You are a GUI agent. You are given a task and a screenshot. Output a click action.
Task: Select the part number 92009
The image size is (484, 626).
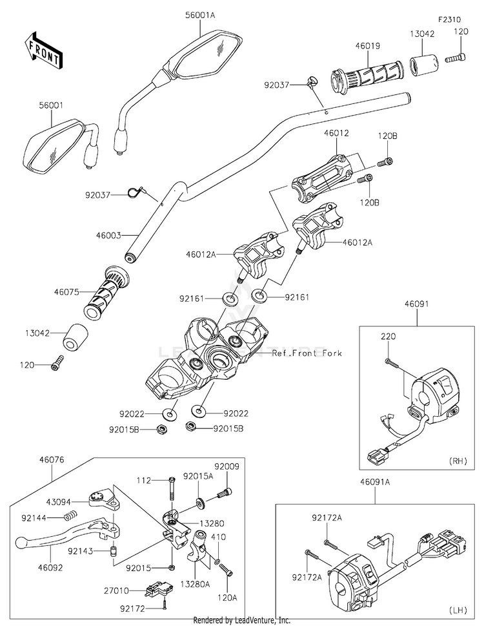click(x=227, y=466)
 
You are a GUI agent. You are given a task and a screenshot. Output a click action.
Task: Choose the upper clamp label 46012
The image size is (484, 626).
click(x=337, y=133)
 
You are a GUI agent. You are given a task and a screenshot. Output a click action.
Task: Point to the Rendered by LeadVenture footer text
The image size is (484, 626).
click(x=242, y=620)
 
